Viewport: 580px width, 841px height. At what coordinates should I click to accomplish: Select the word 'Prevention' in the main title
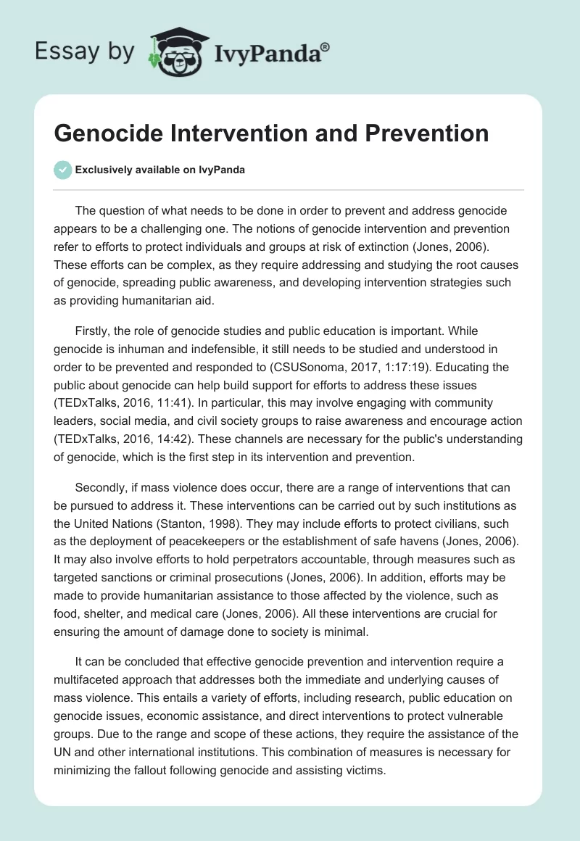pos(427,133)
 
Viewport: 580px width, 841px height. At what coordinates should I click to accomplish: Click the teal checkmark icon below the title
pos(62,170)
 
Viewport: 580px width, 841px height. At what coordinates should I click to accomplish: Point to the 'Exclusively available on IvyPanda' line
pos(160,170)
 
